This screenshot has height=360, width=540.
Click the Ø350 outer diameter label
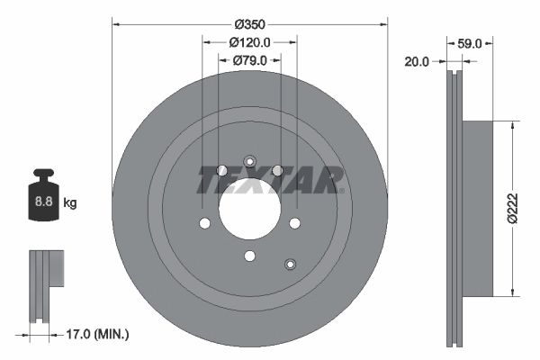point(250,24)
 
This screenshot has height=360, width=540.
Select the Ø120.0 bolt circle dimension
point(250,42)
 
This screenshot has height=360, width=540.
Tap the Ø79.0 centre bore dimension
point(250,60)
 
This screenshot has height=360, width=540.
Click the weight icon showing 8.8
point(44,200)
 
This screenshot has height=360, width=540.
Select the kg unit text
point(70,203)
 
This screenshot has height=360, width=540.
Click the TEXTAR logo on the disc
point(270,178)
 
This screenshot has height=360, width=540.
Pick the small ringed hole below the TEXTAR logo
point(290,264)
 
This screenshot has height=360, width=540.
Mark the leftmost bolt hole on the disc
point(206,224)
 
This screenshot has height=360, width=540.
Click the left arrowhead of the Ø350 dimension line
point(116,24)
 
